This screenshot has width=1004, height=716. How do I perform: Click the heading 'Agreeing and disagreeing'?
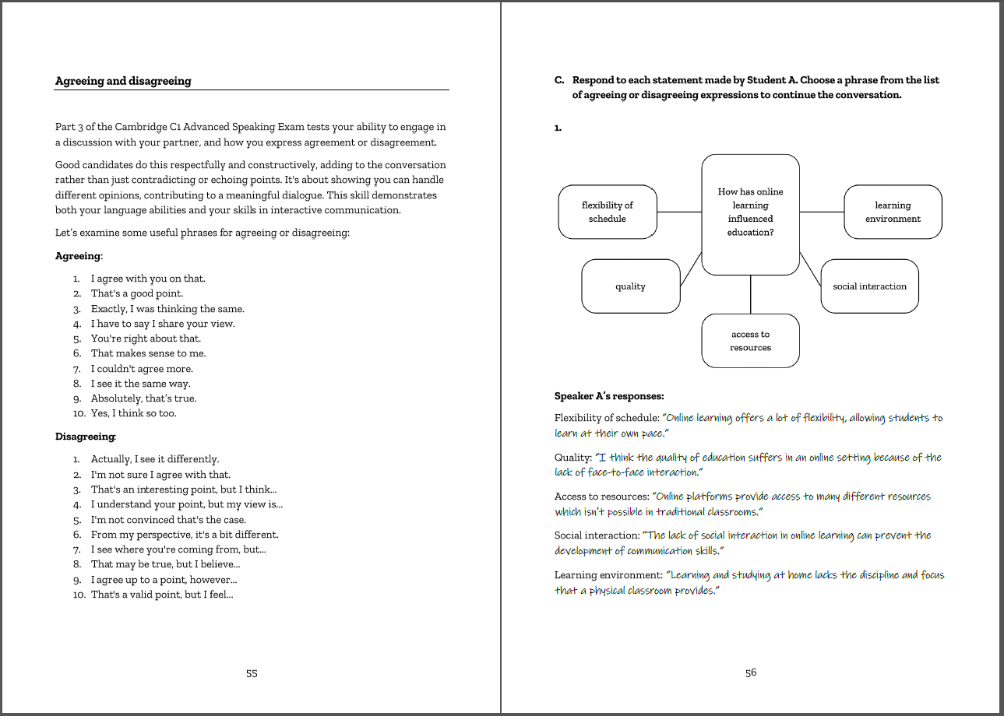pos(123,81)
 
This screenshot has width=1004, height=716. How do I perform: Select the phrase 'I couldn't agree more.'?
pos(142,369)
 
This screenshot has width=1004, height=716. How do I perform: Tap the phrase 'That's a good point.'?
pos(137,293)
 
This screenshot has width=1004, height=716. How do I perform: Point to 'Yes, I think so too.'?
pos(134,413)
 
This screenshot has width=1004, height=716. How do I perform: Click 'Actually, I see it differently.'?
pos(155,459)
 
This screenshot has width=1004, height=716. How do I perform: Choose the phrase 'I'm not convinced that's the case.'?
pos(168,520)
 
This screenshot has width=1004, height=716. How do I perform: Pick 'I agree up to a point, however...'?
pos(164,580)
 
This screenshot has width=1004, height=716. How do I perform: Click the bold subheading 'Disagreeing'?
pos(85,437)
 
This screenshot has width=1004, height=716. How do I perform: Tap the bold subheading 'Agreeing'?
pos(78,256)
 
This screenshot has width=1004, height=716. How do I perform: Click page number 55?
pos(252,673)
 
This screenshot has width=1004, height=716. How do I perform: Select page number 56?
pos(750,673)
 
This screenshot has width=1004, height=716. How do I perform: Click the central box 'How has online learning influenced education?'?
pos(750,212)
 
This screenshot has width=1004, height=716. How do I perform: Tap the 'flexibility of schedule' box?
pos(608,212)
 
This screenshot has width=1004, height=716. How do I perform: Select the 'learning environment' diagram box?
pos(893,212)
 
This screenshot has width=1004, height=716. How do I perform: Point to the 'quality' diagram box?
pos(630,286)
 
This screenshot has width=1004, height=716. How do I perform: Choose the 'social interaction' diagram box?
pos(869,286)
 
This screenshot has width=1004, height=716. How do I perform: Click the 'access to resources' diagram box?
pos(750,341)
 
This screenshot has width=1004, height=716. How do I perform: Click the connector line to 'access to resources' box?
pos(750,294)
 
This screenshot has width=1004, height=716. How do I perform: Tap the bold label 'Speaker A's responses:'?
pos(608,396)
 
